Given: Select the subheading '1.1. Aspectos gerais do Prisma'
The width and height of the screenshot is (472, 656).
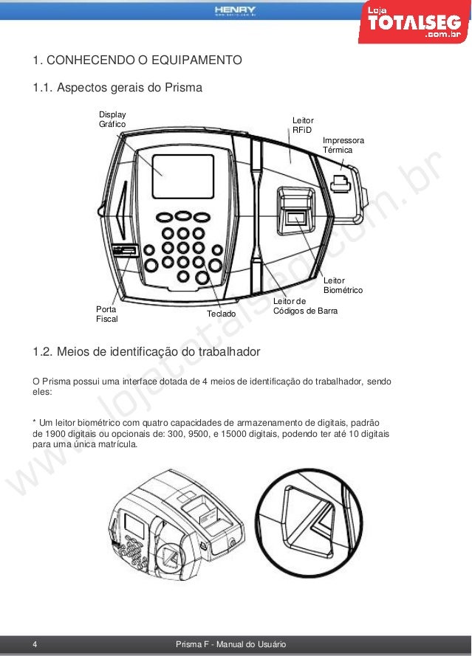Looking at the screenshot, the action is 117,89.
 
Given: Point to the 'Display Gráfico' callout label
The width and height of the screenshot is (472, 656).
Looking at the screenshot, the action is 112,119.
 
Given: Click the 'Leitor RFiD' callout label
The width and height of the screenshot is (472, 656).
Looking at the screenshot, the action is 303,125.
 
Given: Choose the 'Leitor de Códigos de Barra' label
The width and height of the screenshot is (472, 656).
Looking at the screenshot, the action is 305,307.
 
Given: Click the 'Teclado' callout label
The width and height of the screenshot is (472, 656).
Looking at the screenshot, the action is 221,314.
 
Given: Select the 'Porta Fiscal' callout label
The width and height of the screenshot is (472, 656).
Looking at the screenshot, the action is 107,314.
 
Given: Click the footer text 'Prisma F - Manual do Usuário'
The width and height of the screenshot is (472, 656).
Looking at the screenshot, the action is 231,645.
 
